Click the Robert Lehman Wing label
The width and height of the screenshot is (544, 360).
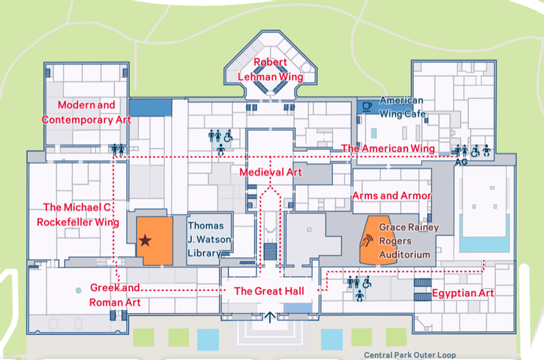pyautogui.click(x=271, y=69)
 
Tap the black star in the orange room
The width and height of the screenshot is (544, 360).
pyautogui.click(x=145, y=240)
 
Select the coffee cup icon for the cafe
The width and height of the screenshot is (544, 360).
pyautogui.click(x=367, y=106)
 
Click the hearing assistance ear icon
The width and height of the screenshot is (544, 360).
pyautogui.click(x=366, y=241)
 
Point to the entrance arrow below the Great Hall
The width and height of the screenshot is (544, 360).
pyautogui.click(x=270, y=317)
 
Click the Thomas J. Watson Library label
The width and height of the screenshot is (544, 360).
pyautogui.click(x=210, y=240)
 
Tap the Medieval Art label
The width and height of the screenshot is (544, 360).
pyautogui.click(x=271, y=172)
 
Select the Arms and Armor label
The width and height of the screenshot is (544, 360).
pyautogui.click(x=392, y=195)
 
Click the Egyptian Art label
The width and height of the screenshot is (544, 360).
pyautogui.click(x=463, y=293)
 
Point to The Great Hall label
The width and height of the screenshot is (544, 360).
pyautogui.click(x=269, y=291)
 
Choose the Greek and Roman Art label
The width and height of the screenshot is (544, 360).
pyautogui.click(x=115, y=295)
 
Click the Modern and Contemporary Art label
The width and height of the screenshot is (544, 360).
pyautogui.click(x=87, y=112)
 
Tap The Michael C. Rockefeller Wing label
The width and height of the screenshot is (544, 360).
pyautogui.click(x=78, y=215)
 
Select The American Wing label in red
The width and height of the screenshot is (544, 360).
pyautogui.click(x=388, y=148)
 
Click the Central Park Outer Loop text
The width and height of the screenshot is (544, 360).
pyautogui.click(x=409, y=355)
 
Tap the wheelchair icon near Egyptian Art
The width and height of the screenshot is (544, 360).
pyautogui.click(x=367, y=282)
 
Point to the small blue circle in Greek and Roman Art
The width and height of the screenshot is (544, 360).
pyautogui.click(x=79, y=290)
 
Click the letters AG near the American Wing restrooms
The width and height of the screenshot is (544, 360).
pyautogui.click(x=461, y=162)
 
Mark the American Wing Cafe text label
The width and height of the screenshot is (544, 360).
pyautogui.click(x=402, y=107)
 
